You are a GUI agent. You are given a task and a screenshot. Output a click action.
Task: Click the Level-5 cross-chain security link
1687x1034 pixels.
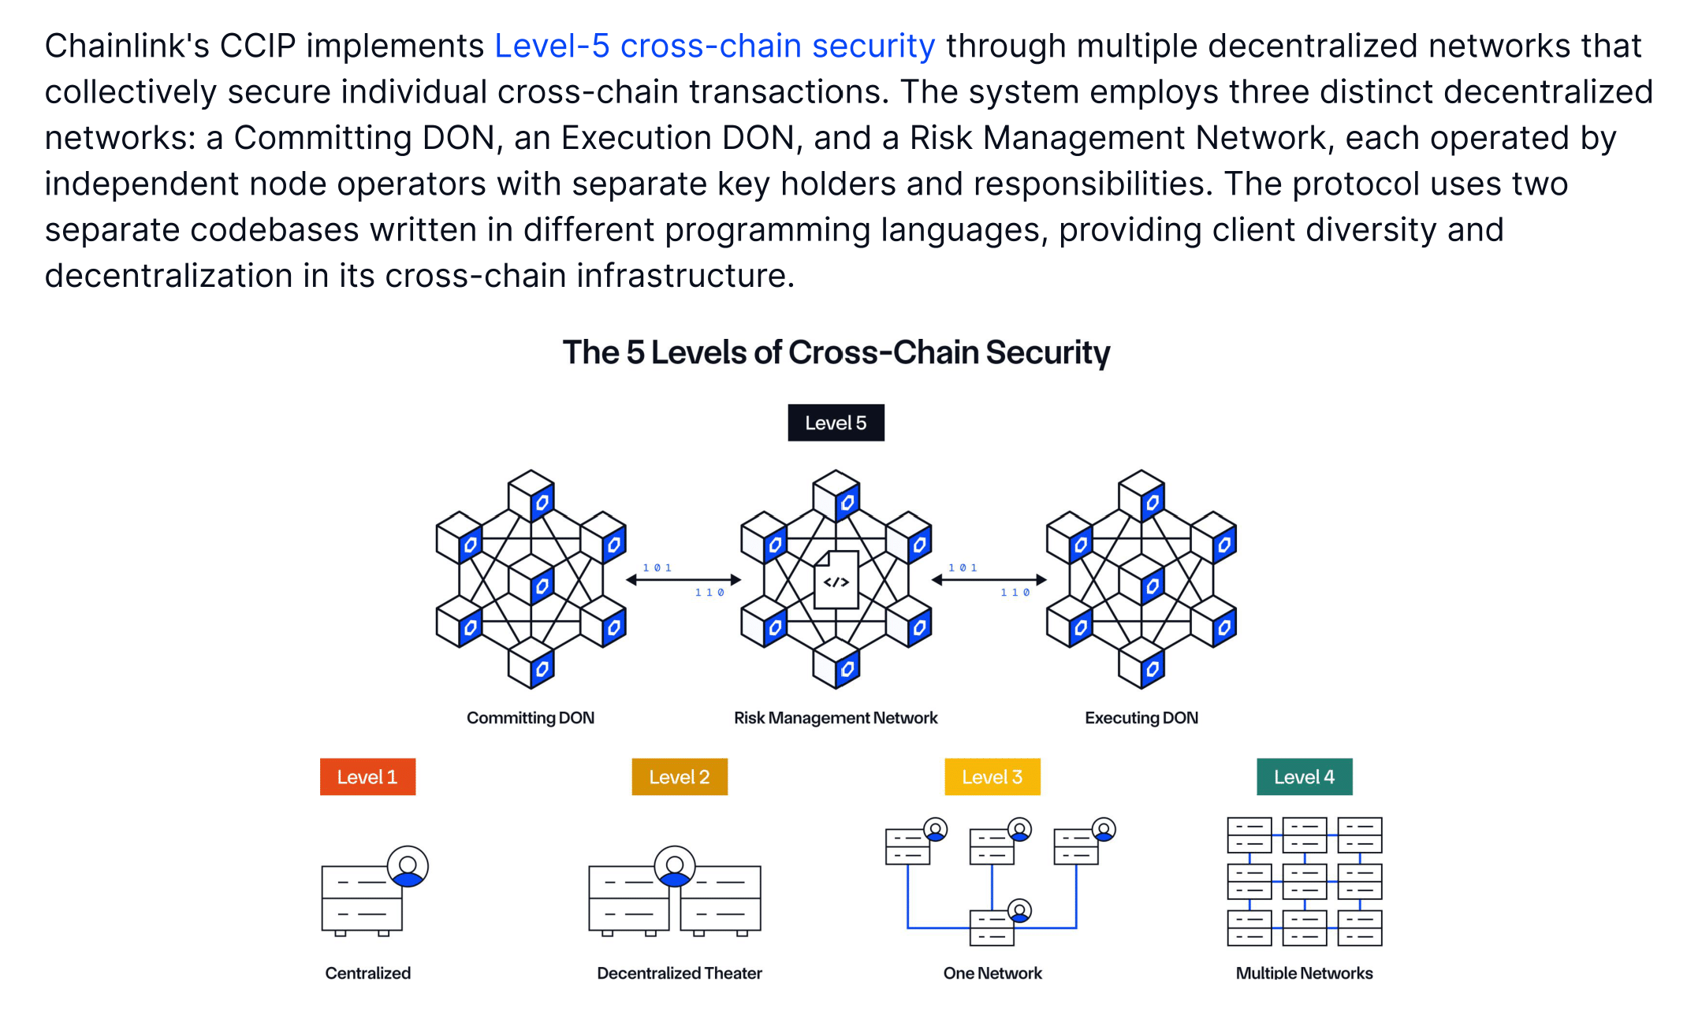point(714,46)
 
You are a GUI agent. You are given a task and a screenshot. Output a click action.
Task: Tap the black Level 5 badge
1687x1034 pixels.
point(836,423)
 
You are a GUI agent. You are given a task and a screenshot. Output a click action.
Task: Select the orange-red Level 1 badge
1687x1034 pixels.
point(367,777)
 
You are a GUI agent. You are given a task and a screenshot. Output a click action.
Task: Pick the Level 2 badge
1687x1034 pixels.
point(679,777)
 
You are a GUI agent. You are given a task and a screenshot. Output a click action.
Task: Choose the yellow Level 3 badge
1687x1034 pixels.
point(992,777)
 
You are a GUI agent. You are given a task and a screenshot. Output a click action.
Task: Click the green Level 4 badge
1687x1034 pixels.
point(1304,777)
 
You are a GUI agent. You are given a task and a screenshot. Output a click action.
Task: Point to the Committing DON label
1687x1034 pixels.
point(530,718)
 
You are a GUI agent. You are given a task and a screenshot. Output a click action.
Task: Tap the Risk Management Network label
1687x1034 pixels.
point(836,718)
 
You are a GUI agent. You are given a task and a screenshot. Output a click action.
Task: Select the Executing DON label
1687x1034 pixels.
point(1141,718)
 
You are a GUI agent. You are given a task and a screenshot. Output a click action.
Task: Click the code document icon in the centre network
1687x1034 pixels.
point(836,580)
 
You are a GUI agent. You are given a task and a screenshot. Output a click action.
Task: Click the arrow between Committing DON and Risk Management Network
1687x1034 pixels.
point(683,580)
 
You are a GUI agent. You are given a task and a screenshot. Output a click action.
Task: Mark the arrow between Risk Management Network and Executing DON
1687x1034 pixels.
point(989,580)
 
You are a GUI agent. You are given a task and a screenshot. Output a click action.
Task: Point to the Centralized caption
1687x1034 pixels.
point(367,973)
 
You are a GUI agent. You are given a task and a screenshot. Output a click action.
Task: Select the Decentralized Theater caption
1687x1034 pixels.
point(679,973)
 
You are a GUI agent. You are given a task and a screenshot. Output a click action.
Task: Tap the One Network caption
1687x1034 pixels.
point(992,973)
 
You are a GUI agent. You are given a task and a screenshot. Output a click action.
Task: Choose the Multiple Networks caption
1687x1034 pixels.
point(1304,973)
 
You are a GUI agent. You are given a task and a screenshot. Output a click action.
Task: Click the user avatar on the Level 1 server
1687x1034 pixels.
point(408,867)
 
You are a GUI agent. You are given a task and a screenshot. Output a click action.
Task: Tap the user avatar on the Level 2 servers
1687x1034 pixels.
point(675,867)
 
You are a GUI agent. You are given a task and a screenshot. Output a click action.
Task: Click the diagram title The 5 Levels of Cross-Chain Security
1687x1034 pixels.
point(836,352)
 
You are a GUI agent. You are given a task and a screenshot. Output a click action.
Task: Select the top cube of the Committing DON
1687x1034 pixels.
point(531,495)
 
